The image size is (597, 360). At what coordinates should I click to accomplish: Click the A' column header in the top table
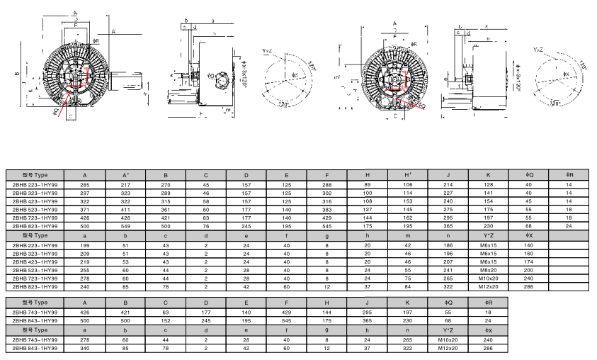[125, 174]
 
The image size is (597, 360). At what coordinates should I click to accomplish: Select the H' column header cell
[408, 174]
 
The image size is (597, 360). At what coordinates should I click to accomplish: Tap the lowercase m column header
[408, 235]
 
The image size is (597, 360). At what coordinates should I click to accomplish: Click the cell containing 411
[125, 210]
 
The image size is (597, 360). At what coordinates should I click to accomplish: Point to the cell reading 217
[125, 184]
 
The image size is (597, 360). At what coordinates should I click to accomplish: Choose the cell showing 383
[327, 210]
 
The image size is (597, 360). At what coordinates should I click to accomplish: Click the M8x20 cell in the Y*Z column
[489, 270]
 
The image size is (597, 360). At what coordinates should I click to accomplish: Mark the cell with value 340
[85, 348]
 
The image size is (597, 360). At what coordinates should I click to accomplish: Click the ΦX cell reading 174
[528, 261]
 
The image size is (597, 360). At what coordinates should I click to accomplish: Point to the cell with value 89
[368, 184]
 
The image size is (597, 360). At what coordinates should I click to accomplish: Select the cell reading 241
[448, 270]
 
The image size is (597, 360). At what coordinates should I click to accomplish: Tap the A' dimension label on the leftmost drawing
[113, 31]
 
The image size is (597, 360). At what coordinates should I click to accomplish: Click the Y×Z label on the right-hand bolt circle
[539, 50]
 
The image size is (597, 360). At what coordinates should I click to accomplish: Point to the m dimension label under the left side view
[227, 111]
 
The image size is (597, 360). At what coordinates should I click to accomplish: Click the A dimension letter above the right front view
[394, 23]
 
